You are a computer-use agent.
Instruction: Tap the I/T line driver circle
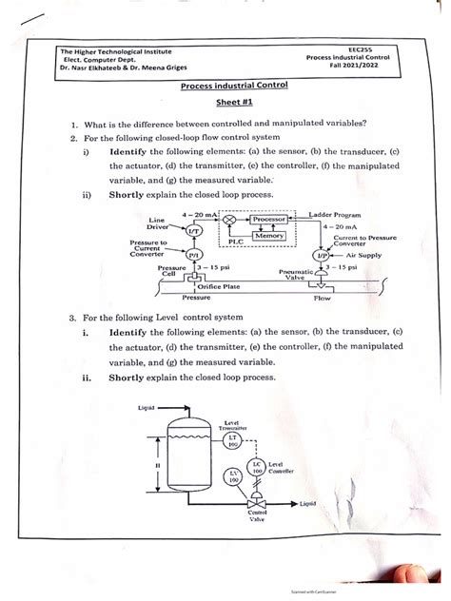pos(194,230)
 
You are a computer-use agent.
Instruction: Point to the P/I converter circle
pos(194,256)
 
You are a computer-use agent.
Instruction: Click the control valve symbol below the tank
pos(256,503)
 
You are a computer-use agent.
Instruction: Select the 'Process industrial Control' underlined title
pos(227,87)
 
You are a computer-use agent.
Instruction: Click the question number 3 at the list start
pos(73,316)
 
